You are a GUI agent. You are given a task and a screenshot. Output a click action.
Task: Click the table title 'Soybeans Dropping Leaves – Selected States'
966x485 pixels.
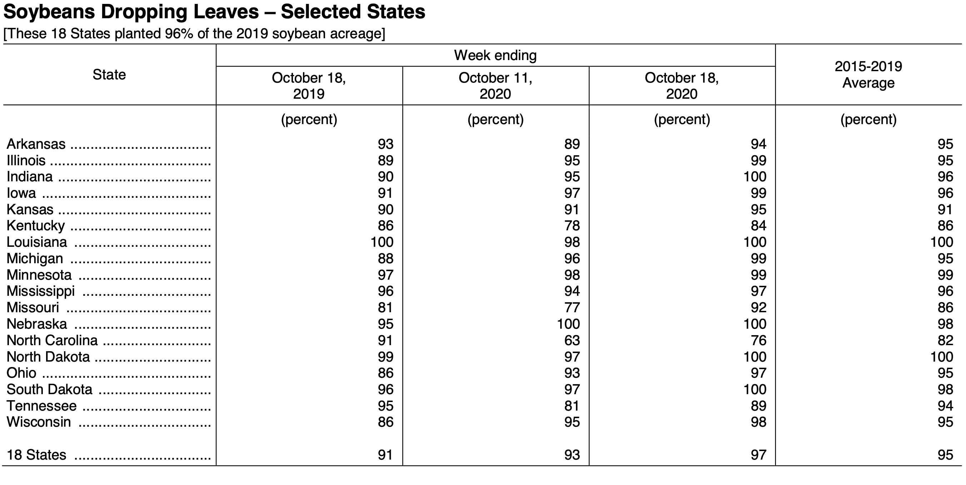[x=214, y=12]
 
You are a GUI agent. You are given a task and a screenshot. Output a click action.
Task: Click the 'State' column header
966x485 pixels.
[x=109, y=75]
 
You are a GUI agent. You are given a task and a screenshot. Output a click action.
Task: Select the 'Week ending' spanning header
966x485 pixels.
[x=496, y=55]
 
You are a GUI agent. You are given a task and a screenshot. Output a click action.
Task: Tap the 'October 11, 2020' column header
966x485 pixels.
[x=496, y=85]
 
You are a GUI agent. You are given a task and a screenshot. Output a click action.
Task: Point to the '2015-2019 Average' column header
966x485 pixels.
[x=868, y=74]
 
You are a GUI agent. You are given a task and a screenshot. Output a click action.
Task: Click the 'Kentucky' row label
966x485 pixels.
[x=36, y=226]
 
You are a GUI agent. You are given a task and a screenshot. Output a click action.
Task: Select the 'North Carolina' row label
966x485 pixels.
[x=52, y=340]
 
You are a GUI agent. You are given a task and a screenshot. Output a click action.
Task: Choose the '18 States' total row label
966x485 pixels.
[x=36, y=455]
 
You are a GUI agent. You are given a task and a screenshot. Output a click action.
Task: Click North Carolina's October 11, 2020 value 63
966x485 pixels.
[x=572, y=340]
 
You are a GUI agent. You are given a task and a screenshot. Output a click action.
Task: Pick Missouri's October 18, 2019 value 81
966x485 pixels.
[x=385, y=308]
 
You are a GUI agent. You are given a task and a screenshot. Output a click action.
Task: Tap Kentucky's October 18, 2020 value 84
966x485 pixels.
[x=758, y=226]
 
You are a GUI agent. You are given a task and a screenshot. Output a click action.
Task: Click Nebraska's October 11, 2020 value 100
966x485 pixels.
[x=568, y=324]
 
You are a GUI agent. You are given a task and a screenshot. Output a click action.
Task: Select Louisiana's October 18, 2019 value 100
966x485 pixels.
[x=382, y=242]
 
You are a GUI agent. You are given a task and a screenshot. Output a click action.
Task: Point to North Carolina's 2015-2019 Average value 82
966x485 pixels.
[x=945, y=340]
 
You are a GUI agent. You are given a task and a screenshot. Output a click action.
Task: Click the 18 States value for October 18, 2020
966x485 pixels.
[x=758, y=455]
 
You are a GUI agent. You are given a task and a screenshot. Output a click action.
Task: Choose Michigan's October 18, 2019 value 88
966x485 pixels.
[x=385, y=258]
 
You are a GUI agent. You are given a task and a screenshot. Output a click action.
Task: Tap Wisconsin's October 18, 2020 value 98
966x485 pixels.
[x=758, y=422]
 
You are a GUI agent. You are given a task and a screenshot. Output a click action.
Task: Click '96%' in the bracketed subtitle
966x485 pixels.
[x=179, y=34]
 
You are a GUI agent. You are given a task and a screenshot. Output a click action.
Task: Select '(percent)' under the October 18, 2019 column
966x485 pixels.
[x=309, y=119]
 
